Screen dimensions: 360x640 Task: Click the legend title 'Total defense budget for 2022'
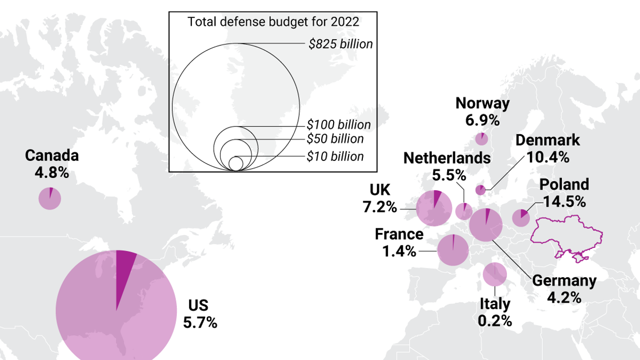coord(273,22)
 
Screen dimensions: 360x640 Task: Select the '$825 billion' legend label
coord(340,44)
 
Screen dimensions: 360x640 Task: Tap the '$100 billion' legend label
coord(338,124)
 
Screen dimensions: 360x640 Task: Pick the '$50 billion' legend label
coord(335,139)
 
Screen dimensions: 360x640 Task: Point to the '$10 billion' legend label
coord(335,156)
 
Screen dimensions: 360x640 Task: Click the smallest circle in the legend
coord(236,164)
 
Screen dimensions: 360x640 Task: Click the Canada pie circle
coord(50,199)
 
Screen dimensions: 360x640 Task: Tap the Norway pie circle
coord(482,139)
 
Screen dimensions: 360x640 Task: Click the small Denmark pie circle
coord(480,190)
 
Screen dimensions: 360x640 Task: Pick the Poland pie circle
coord(521,218)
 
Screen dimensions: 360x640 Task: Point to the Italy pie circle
coord(495,275)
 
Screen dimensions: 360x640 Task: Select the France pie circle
coord(453,250)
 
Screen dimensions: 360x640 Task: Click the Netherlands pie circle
coord(464,211)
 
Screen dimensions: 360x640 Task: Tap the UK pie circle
coord(433,208)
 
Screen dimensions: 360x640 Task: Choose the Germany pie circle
coord(486,225)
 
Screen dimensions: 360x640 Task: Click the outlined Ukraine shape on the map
coord(565,237)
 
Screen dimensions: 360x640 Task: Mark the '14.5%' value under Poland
coord(562,202)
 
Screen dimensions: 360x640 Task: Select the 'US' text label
coord(198,305)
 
